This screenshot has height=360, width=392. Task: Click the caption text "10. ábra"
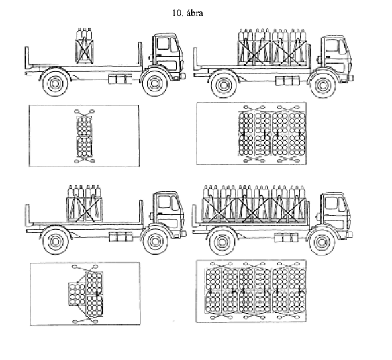tap(187, 13)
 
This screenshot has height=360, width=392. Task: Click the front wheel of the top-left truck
tap(155, 83)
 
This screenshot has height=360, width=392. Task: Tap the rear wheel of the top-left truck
tap(56, 83)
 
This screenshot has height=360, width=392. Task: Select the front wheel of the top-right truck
tap(322, 85)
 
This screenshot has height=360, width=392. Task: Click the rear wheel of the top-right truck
tap(224, 85)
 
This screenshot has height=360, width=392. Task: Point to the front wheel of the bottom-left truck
tap(155, 241)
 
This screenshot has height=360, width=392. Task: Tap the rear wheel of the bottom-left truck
tap(56, 242)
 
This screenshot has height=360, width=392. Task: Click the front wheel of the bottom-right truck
tap(322, 242)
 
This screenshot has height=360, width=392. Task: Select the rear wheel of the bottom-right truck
tap(222, 242)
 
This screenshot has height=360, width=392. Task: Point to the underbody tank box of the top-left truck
tap(120, 79)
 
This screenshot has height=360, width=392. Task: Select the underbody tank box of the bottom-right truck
tap(286, 237)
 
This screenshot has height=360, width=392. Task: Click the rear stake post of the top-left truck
tap(27, 57)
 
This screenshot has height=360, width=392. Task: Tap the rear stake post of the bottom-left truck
tap(28, 214)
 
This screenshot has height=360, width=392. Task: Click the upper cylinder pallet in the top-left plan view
tap(84, 126)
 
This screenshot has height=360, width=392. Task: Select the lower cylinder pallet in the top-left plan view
tap(85, 146)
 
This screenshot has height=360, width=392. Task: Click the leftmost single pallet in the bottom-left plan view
tap(77, 294)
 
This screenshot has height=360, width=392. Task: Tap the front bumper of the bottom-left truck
tap(183, 234)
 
